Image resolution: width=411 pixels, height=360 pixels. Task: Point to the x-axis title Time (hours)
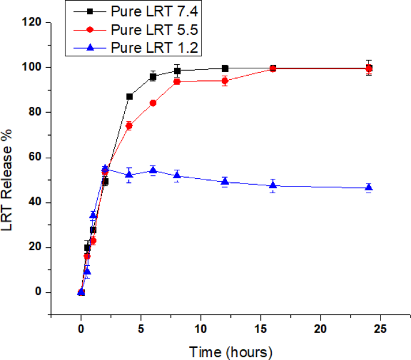[x=231, y=350]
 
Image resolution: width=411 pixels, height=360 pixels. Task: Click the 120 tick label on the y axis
[x=32, y=22]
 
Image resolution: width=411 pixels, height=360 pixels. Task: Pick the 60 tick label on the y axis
[x=35, y=157]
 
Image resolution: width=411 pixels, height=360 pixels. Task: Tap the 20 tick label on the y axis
[x=35, y=247]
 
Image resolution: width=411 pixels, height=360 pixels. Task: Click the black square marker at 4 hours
[x=129, y=97]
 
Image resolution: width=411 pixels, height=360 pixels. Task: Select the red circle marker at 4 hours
[x=129, y=126]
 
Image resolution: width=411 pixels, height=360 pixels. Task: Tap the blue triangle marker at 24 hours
[x=369, y=188]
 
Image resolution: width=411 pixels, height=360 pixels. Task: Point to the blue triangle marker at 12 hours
[x=225, y=181]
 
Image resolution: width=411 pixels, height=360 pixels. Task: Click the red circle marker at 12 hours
[x=225, y=81]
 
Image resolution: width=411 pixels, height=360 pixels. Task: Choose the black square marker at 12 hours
[x=225, y=68]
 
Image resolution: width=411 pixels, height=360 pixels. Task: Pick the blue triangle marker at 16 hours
[x=273, y=185]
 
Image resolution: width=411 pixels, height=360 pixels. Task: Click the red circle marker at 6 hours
[x=153, y=103]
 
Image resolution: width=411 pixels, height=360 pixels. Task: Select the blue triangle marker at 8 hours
[x=177, y=175]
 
